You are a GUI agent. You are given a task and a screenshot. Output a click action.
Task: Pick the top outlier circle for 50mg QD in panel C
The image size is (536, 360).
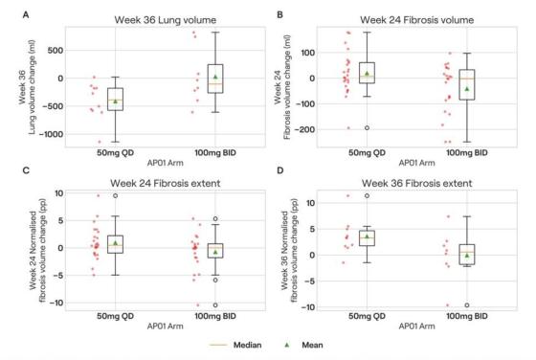116,195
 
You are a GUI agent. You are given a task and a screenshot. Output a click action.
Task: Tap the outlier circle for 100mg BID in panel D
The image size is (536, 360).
466,305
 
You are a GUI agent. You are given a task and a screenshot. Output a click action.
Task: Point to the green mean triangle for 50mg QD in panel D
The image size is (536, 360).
366,236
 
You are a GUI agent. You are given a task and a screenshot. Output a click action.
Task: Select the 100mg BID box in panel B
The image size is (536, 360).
466,84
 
